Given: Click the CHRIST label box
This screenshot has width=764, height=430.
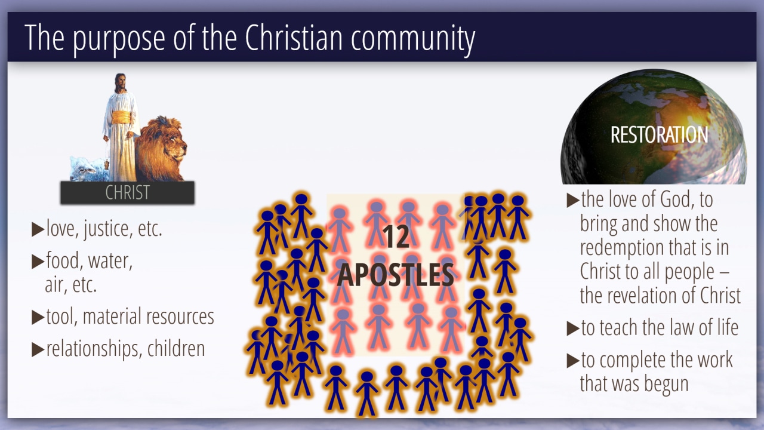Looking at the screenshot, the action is (128, 192).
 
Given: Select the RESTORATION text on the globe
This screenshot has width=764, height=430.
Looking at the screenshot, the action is (659, 135).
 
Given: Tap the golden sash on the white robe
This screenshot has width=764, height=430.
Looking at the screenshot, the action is (121, 118).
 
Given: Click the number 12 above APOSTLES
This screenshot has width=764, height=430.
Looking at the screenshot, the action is (396, 237).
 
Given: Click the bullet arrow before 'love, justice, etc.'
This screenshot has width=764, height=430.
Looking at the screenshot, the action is (38, 229).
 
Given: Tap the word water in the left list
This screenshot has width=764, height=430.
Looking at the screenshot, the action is (110, 262).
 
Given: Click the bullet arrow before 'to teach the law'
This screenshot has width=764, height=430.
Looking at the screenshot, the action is (573, 328).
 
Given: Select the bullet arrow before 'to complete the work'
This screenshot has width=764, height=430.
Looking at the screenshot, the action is (573, 361).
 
